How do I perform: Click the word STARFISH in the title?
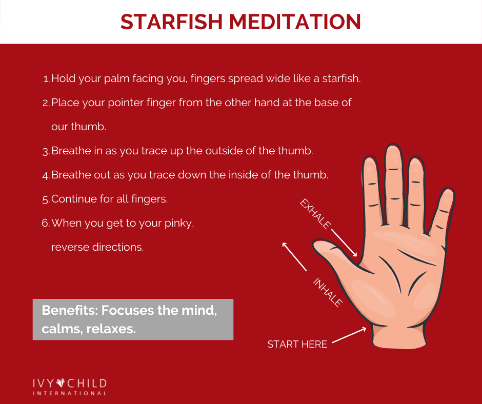coord(172,22)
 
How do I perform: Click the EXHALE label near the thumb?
coord(315,214)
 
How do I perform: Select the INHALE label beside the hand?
coord(328,292)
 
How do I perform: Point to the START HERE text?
coord(297,345)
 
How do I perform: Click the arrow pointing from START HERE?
coord(349,335)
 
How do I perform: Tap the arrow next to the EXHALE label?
coord(344,243)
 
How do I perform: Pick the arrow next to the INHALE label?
coord(294,257)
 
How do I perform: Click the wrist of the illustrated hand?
coord(399,337)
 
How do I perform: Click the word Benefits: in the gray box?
coord(69,310)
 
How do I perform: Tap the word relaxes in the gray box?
coord(111,329)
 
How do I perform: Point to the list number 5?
coord(46,199)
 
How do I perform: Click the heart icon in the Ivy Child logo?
coord(61,383)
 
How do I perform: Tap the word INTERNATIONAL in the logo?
coord(70,393)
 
